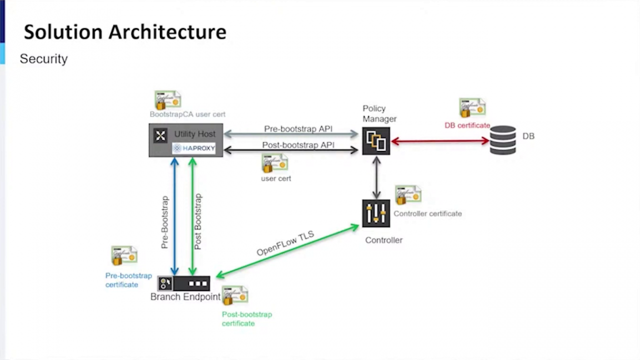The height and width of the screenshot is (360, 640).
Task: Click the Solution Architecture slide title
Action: click(x=125, y=32)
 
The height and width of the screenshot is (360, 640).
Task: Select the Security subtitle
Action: click(x=43, y=59)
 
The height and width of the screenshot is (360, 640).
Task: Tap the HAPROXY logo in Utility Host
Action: click(x=194, y=148)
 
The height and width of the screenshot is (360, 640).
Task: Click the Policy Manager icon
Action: click(x=376, y=141)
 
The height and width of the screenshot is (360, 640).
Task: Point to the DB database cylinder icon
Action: click(x=502, y=140)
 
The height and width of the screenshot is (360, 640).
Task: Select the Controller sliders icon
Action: click(x=376, y=213)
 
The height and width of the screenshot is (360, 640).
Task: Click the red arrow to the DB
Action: click(x=440, y=141)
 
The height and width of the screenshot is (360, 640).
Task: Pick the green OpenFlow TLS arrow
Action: click(x=287, y=251)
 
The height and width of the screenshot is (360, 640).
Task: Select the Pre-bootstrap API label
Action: click(x=298, y=129)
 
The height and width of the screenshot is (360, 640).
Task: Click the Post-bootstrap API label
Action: click(x=298, y=145)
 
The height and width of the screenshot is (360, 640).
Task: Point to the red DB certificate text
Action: click(x=467, y=125)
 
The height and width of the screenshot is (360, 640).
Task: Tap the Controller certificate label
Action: click(x=427, y=213)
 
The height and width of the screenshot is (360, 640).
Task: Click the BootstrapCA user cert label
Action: click(x=187, y=114)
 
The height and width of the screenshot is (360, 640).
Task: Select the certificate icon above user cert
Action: click(x=274, y=163)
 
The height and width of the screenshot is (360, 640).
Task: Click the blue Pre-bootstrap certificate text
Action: click(x=128, y=280)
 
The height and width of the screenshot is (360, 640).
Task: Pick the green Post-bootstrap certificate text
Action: click(x=246, y=319)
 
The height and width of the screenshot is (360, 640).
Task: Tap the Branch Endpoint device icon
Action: click(x=184, y=283)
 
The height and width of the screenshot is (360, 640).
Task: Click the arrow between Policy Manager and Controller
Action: click(x=376, y=177)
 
